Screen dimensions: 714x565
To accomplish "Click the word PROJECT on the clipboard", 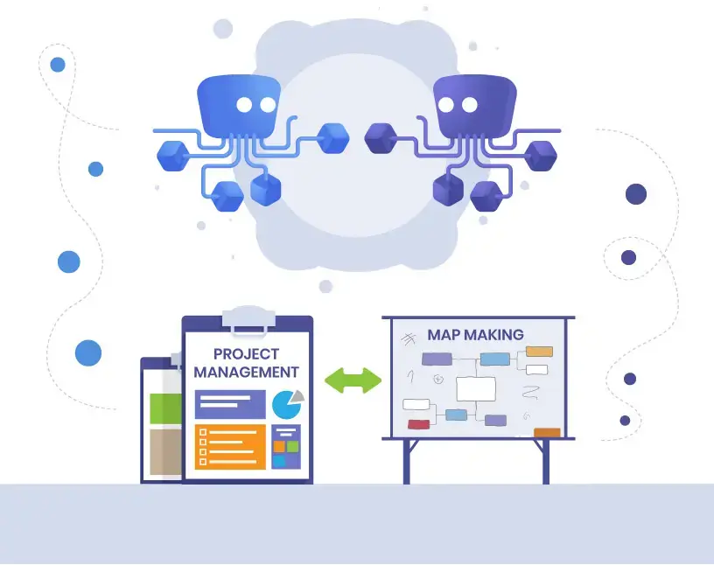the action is (x=246, y=353).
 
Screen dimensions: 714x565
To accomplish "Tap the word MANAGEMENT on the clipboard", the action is (x=247, y=372).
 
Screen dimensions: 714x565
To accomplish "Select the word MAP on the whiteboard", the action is (x=444, y=335).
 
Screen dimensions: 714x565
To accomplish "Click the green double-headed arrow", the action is (x=353, y=380).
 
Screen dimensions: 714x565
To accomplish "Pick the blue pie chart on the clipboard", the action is (x=286, y=405).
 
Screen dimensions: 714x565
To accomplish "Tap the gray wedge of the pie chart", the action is (x=297, y=396).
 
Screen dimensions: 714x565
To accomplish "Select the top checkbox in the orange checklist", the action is (x=203, y=431).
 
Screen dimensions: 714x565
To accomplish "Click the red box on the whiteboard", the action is (x=418, y=424).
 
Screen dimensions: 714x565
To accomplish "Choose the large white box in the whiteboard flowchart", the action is (x=476, y=389).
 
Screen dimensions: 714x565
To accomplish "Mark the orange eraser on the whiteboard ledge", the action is (x=547, y=432).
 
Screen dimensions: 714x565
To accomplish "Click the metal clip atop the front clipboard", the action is (x=248, y=320).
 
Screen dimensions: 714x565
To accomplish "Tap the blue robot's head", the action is (x=239, y=106).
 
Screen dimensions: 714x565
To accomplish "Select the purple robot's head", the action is (x=475, y=106).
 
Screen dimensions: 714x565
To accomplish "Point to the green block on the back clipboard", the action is (x=165, y=408).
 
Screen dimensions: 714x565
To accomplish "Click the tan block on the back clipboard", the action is (x=165, y=451).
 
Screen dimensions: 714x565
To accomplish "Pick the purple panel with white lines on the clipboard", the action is (x=230, y=404).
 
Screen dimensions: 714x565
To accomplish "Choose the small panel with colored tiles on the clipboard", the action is (x=286, y=447).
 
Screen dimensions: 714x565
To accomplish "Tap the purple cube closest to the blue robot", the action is (x=381, y=138).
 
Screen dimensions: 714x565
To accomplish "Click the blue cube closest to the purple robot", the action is (x=333, y=138).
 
